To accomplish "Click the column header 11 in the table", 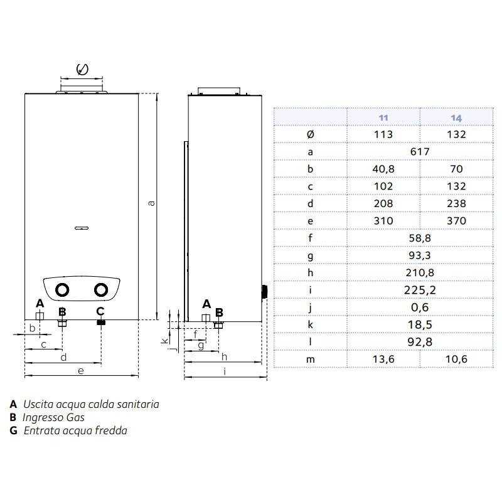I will pyautogui.click(x=383, y=117).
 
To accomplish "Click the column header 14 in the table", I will pyautogui.click(x=456, y=117).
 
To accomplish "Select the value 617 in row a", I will pyautogui.click(x=420, y=152).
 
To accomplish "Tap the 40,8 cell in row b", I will pyautogui.click(x=383, y=169).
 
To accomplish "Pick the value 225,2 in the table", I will pyautogui.click(x=420, y=290).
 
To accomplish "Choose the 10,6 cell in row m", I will pyautogui.click(x=456, y=358).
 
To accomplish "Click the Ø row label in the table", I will pyautogui.click(x=311, y=135).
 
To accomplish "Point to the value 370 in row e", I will pyautogui.click(x=456, y=221).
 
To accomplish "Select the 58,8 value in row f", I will pyautogui.click(x=420, y=238).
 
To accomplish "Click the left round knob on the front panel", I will pyautogui.click(x=62, y=290).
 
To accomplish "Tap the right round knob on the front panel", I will pyautogui.click(x=100, y=290).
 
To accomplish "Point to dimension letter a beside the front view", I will pyautogui.click(x=151, y=203).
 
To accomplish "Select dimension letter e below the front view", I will pyautogui.click(x=80, y=371).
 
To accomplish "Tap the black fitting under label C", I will pyautogui.click(x=100, y=323).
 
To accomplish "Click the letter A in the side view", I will pyautogui.click(x=206, y=304).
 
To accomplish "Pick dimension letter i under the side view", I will pyautogui.click(x=225, y=371).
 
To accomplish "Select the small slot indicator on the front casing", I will pyautogui.click(x=82, y=228).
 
